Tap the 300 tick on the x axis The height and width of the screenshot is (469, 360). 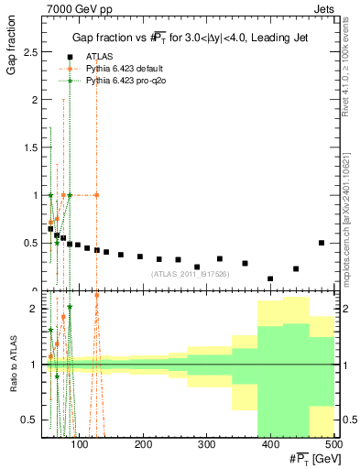207,446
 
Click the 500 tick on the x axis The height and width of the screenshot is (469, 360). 333,446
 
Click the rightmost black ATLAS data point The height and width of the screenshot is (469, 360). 322,243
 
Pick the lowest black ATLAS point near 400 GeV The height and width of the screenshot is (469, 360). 270,278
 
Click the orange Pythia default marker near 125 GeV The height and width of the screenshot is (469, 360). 96,195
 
